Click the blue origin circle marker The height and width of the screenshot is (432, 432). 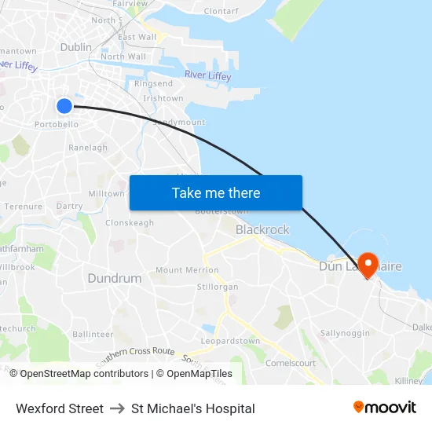click(64, 106)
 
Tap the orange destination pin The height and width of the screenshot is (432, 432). click(368, 262)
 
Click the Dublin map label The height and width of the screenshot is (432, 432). click(76, 47)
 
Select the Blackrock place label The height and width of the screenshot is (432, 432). click(262, 230)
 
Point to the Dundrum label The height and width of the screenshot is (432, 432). click(115, 278)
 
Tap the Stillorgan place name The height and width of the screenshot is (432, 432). click(218, 287)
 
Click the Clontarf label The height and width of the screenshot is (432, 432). click(221, 12)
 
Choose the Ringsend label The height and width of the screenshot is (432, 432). click(154, 83)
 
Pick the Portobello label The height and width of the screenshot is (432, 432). click(57, 124)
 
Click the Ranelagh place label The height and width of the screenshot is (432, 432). click(88, 148)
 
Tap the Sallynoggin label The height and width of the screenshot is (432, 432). click(345, 333)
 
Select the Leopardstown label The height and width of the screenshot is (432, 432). click(230, 342)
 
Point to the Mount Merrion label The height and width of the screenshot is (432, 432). click(187, 270)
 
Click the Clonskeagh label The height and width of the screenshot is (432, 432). click(130, 223)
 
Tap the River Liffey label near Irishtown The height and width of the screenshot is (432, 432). click(207, 75)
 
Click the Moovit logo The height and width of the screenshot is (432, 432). click(385, 408)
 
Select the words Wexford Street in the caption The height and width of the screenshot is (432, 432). click(60, 408)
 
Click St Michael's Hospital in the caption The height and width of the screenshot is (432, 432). click(193, 408)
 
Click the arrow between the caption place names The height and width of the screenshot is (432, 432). click(117, 408)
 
